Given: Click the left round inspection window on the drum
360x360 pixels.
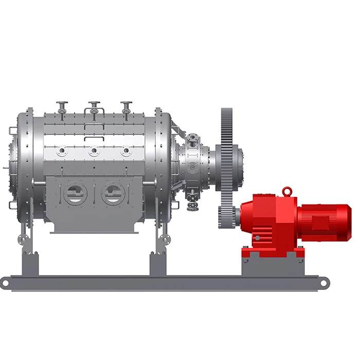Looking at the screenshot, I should tap(76, 194).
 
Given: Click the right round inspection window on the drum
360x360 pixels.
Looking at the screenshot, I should tap(113, 194).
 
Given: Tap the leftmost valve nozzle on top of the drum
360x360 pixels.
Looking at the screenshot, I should tap(62, 107).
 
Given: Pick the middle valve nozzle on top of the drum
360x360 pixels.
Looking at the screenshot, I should tap(94, 107).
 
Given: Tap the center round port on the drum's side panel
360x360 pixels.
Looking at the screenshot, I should tap(94, 151).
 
